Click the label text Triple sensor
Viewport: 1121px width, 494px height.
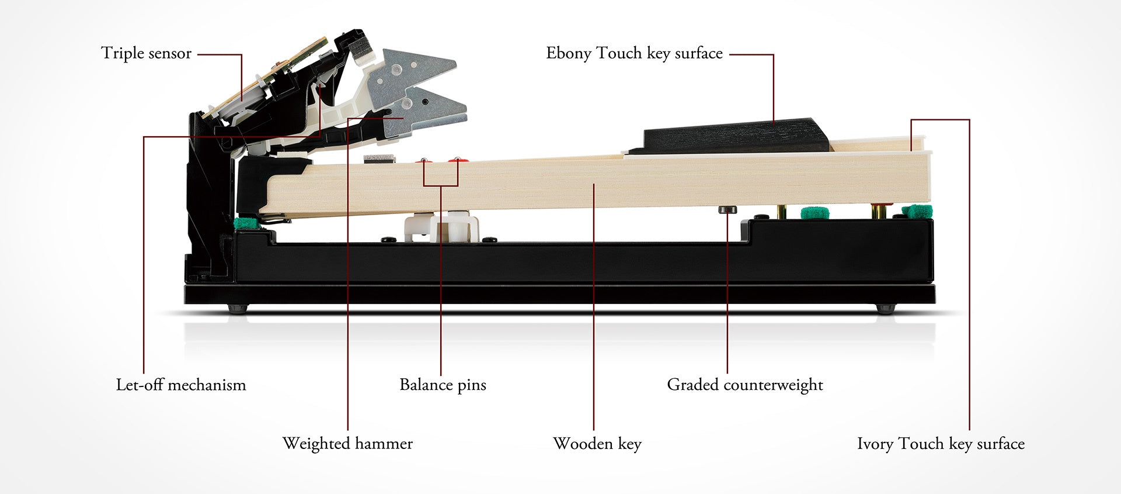coord(146,53)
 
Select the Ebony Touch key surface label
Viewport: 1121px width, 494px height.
coord(634,53)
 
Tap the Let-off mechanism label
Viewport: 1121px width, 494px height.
coord(181,385)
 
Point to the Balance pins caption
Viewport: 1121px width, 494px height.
coord(443,385)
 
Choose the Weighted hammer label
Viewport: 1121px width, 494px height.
coord(347,443)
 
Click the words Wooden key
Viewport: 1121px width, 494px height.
coord(597,443)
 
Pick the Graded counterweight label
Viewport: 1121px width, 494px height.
coord(745,385)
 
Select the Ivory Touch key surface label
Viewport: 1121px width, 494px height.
coord(941,443)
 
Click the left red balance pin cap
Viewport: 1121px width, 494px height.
coord(424,160)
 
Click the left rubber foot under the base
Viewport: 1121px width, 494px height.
coord(238,308)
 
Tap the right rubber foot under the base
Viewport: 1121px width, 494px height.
coord(885,308)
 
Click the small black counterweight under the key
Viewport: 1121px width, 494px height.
coord(727,209)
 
